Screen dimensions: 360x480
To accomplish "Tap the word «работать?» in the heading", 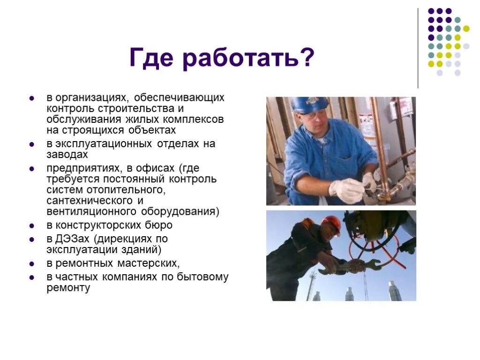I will pos(248,59).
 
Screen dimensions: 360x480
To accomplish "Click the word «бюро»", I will pos(159,225).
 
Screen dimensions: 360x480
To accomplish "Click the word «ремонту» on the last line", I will pos(68,288).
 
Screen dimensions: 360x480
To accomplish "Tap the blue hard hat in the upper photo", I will pos(309,104).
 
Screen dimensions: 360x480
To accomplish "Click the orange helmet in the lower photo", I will pos(332,224).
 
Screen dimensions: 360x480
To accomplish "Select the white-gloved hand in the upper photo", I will pos(347,190).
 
